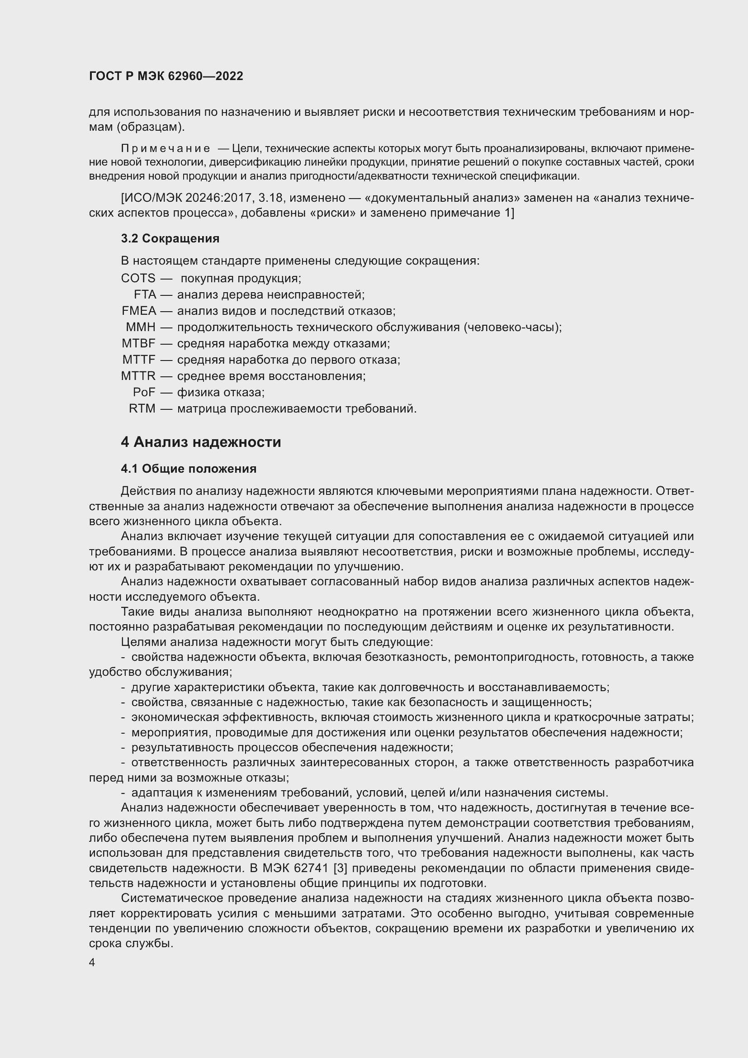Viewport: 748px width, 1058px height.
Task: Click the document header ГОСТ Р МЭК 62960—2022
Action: pyautogui.click(x=166, y=76)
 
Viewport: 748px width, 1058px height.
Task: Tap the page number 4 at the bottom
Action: pyautogui.click(x=92, y=963)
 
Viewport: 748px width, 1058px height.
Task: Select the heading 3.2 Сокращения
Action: pyautogui.click(x=170, y=239)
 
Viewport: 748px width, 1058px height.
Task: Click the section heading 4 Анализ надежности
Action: pyautogui.click(x=201, y=442)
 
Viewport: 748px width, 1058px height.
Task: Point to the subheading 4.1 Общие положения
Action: pyautogui.click(x=189, y=469)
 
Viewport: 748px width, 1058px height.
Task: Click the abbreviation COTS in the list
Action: pyautogui.click(x=138, y=278)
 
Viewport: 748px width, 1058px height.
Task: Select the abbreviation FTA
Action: pyautogui.click(x=145, y=294)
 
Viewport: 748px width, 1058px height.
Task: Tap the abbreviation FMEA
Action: pyautogui.click(x=139, y=311)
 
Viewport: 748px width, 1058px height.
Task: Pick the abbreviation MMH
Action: pyautogui.click(x=141, y=327)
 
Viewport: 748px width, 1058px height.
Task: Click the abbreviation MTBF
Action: pyautogui.click(x=139, y=344)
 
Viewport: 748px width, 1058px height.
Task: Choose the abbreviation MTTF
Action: pyautogui.click(x=139, y=360)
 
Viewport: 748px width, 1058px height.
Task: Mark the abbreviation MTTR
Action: pyautogui.click(x=139, y=376)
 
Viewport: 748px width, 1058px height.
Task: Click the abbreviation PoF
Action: pyautogui.click(x=144, y=393)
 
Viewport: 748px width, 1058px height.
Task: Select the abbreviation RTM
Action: pyautogui.click(x=142, y=409)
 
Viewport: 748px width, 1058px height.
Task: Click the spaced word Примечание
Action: pyautogui.click(x=166, y=149)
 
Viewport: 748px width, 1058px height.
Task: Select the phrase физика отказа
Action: pyautogui.click(x=221, y=393)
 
